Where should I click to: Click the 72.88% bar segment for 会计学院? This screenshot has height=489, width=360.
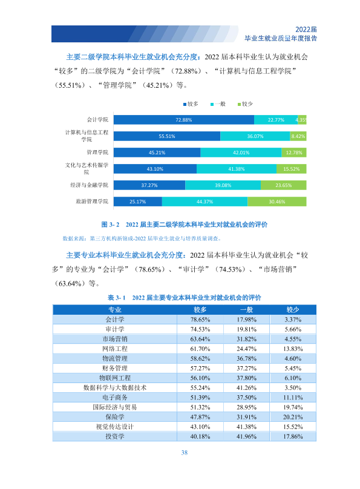(x=183, y=120)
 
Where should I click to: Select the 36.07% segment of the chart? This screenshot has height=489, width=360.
(x=255, y=136)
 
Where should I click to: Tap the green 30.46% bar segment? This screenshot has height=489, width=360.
(x=277, y=202)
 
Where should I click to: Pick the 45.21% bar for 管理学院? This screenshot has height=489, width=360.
(x=157, y=153)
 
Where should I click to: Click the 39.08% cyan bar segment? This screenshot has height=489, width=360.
(x=223, y=185)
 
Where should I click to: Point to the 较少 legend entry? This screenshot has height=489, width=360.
(x=245, y=104)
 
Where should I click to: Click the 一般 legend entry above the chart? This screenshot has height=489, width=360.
(x=218, y=104)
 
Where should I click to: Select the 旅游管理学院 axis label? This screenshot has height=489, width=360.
(x=92, y=202)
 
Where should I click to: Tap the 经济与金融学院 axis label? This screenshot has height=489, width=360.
(x=89, y=185)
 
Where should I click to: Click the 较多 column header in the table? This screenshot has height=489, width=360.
(x=200, y=310)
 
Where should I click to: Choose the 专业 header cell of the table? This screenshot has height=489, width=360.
(x=115, y=310)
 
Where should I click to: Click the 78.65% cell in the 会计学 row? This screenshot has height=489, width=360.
(x=200, y=320)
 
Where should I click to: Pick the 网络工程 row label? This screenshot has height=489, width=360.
(x=115, y=349)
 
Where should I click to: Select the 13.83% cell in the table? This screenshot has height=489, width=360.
(x=293, y=349)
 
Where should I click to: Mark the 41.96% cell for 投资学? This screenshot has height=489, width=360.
(x=246, y=436)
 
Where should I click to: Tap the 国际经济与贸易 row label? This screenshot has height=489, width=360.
(x=115, y=407)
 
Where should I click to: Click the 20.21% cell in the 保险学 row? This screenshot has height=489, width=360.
(x=293, y=417)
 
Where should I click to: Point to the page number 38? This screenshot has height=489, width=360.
(x=185, y=453)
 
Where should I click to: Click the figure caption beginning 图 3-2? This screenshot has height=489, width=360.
(x=184, y=225)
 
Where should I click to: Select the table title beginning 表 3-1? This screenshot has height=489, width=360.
(x=184, y=298)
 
